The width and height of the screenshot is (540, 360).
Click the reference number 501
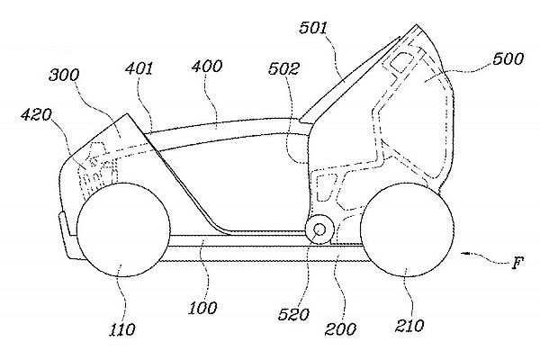[313, 28]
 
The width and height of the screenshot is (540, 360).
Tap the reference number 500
[508, 58]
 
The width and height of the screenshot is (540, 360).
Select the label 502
[283, 69]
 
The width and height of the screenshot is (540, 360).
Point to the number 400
[207, 66]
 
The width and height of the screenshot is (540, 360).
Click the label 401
[139, 69]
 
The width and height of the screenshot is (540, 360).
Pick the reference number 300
[65, 75]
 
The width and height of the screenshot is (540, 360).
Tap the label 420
[37, 114]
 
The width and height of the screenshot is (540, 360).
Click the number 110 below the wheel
[122, 329]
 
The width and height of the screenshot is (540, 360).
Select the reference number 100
[202, 308]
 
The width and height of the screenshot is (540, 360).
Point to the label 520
[293, 314]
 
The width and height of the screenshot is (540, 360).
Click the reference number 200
[340, 329]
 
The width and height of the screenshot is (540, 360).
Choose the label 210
[409, 325]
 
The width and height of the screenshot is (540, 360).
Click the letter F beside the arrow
[517, 263]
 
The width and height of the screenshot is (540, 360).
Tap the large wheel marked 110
[123, 229]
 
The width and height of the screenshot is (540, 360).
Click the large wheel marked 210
[407, 229]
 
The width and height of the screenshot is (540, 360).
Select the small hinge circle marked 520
[319, 229]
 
